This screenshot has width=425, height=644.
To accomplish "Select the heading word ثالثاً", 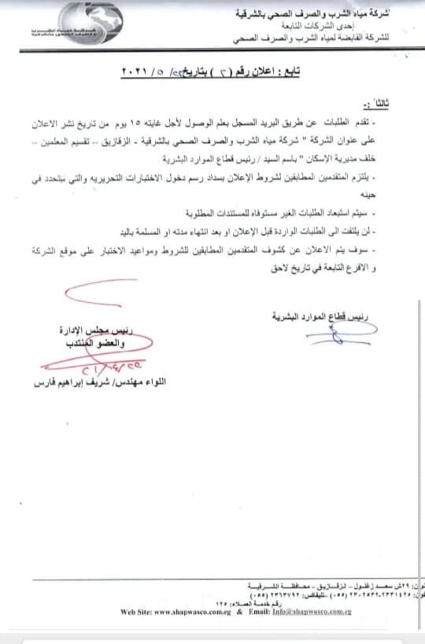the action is [x=391, y=102].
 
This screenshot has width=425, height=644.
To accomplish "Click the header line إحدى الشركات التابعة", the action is [x=370, y=24].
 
